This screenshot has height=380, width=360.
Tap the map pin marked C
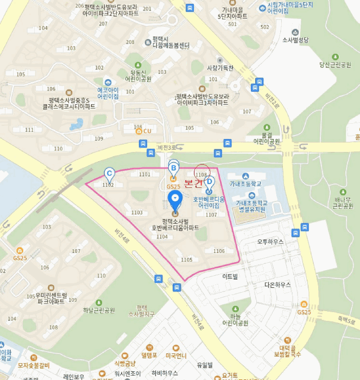click(x=109, y=175)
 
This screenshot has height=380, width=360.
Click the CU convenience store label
click(x=147, y=131)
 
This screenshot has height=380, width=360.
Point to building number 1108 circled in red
click(x=201, y=175)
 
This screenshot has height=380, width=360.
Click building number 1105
click(x=186, y=260)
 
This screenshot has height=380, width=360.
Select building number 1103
click(x=137, y=213)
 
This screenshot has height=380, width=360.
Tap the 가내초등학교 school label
click(x=245, y=183)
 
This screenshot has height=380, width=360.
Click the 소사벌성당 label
click(x=295, y=40)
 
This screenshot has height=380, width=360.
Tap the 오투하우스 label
click(x=270, y=242)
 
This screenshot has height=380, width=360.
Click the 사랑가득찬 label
click(x=220, y=68)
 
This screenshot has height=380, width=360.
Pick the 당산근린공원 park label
click(x=336, y=64)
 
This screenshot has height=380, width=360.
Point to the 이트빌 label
click(x=230, y=276)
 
